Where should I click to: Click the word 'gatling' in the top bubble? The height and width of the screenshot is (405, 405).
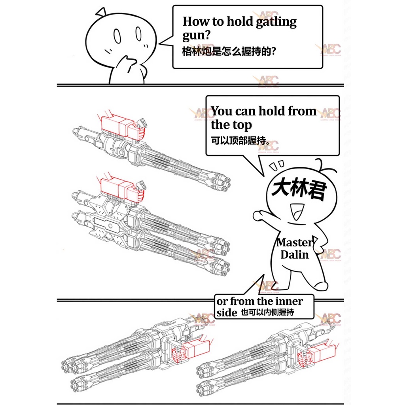click(x=276, y=22)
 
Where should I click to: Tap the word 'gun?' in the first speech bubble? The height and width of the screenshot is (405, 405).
click(x=197, y=35)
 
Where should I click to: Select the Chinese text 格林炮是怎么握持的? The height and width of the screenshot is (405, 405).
click(x=229, y=51)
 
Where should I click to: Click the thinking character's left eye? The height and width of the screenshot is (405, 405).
click(x=117, y=36)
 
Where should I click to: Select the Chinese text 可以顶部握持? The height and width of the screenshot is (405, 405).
click(x=238, y=141)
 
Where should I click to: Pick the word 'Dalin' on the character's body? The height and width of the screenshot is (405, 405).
click(x=294, y=254)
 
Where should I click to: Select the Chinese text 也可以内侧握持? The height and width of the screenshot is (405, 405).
click(x=268, y=312)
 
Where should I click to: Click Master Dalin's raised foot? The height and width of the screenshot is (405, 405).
click(x=321, y=286)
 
